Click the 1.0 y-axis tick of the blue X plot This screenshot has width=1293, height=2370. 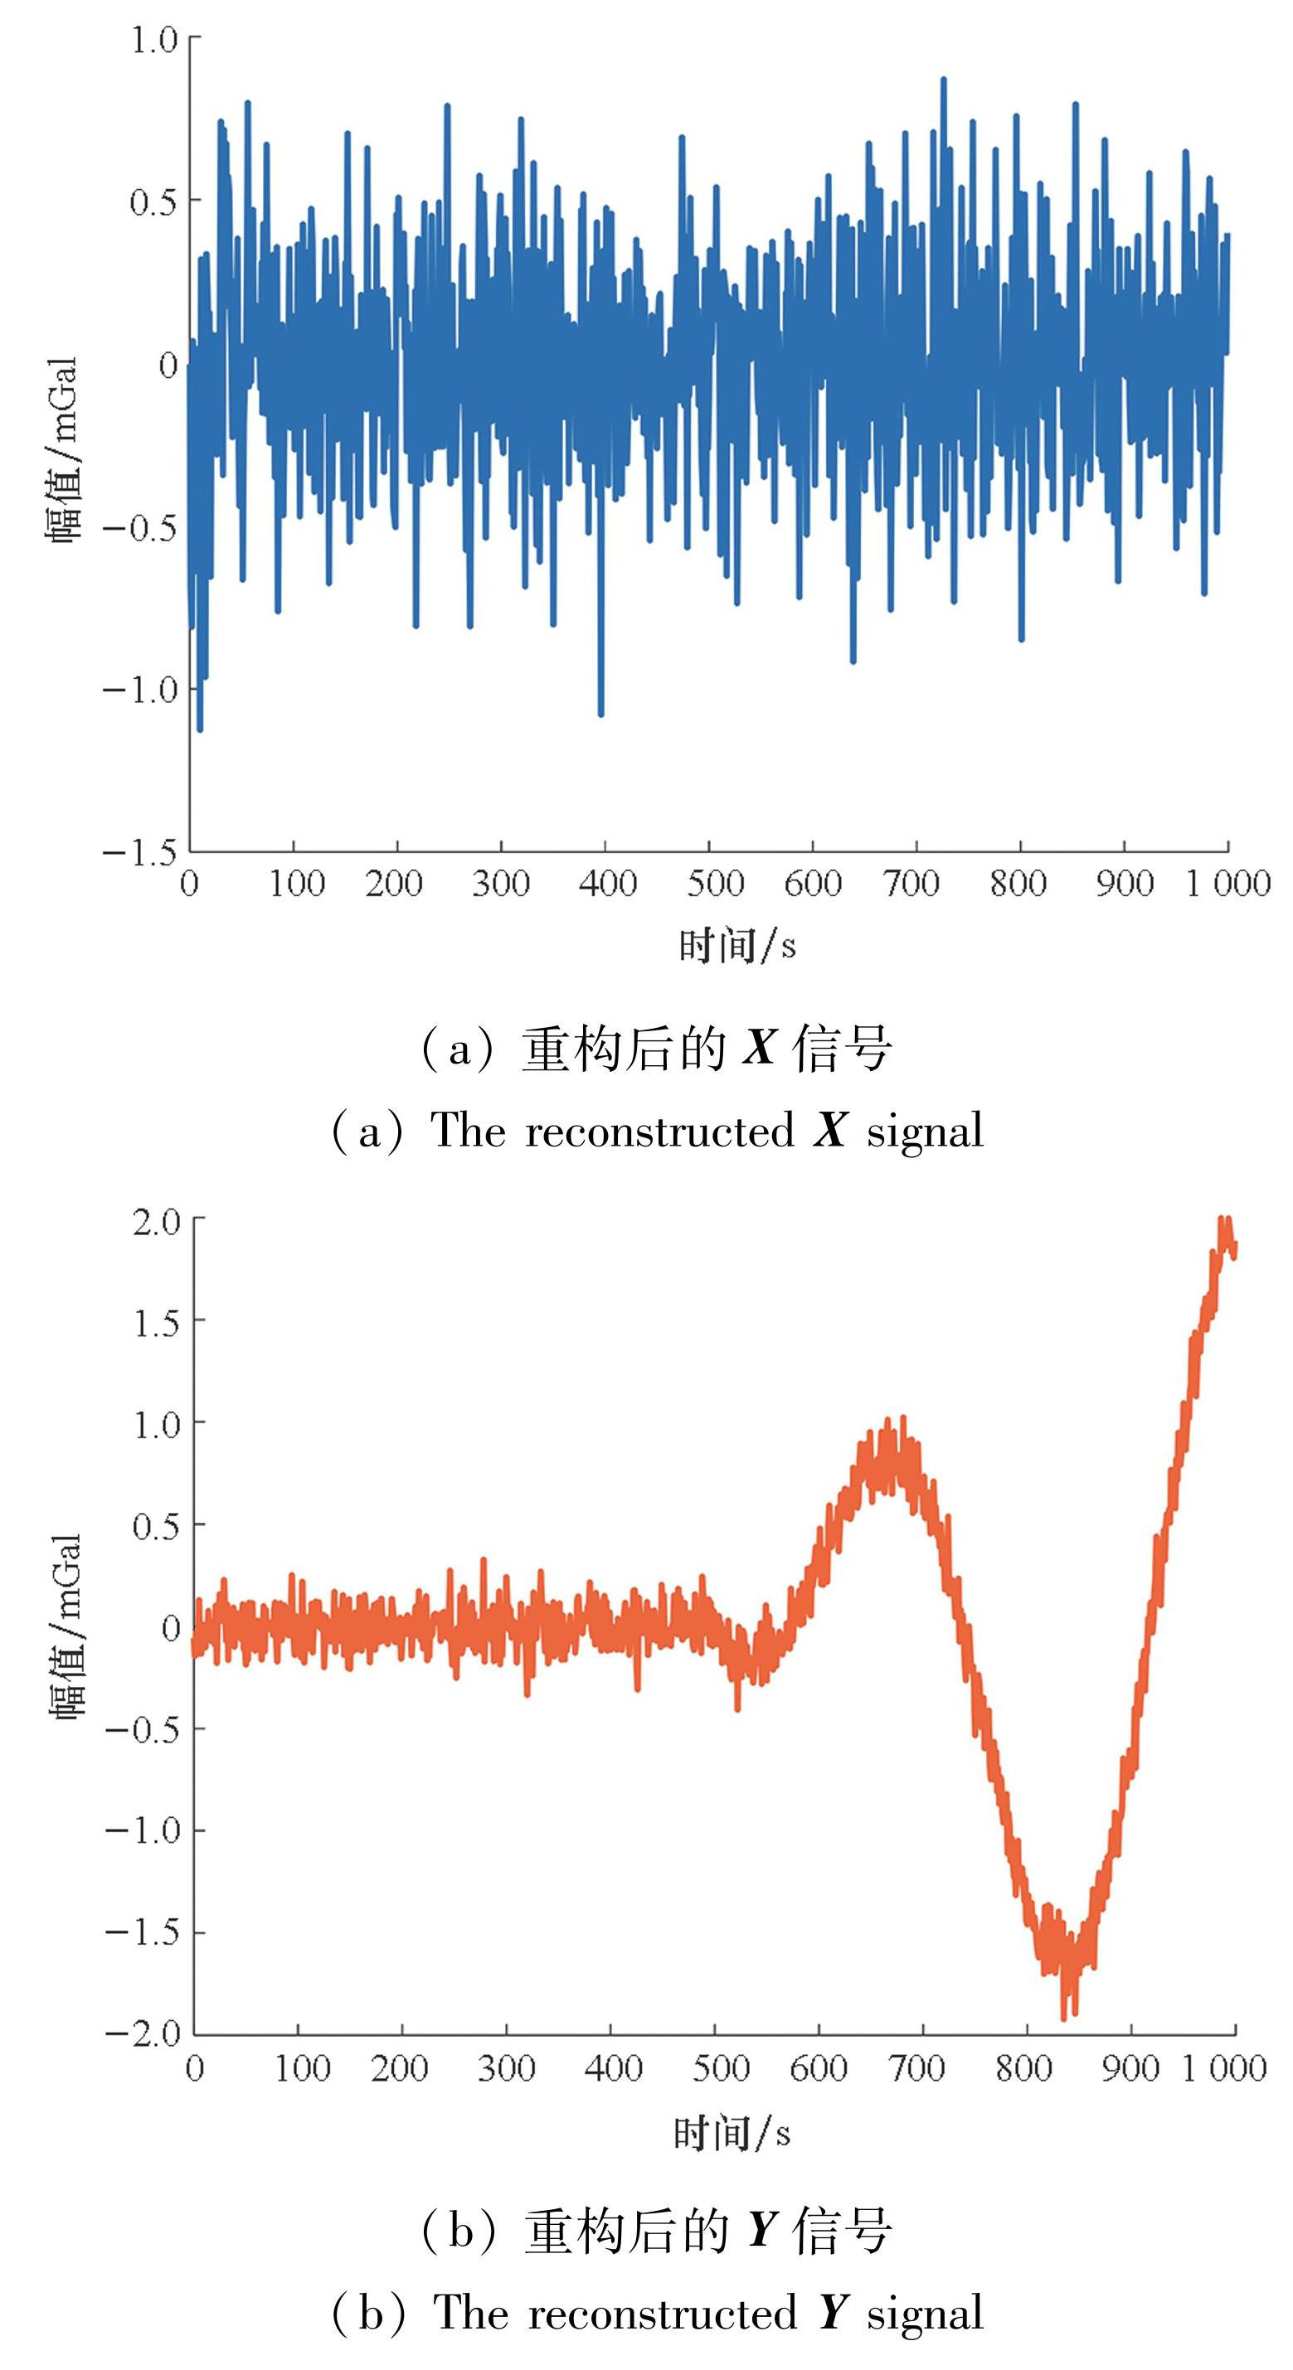pyautogui.click(x=153, y=41)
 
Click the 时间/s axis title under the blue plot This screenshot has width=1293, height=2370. pyautogui.click(x=737, y=945)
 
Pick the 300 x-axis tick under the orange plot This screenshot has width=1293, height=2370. pyautogui.click(x=506, y=2069)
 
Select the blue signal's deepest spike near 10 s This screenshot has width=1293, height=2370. pyautogui.click(x=200, y=729)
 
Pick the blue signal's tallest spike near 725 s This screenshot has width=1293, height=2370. pyautogui.click(x=943, y=80)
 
